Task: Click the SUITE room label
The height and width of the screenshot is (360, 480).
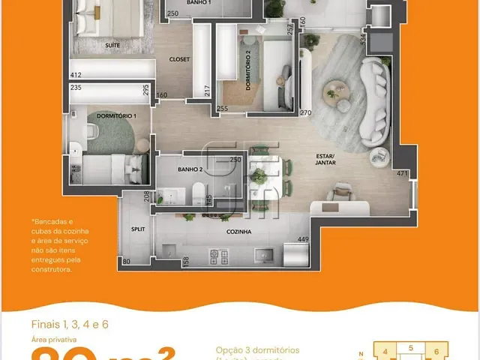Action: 114,46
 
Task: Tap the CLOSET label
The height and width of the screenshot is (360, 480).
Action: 179,58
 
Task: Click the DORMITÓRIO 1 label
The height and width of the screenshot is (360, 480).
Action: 112,116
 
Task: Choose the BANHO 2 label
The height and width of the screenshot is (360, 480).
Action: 187,169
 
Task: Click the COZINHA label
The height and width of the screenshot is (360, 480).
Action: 238,232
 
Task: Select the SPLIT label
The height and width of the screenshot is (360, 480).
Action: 137,228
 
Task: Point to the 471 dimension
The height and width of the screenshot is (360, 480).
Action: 402,174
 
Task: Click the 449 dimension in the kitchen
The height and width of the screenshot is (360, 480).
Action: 303,240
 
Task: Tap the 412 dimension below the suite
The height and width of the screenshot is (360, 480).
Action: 76,75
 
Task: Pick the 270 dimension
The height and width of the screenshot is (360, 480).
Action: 305,113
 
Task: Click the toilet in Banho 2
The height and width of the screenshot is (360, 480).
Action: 197,193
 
